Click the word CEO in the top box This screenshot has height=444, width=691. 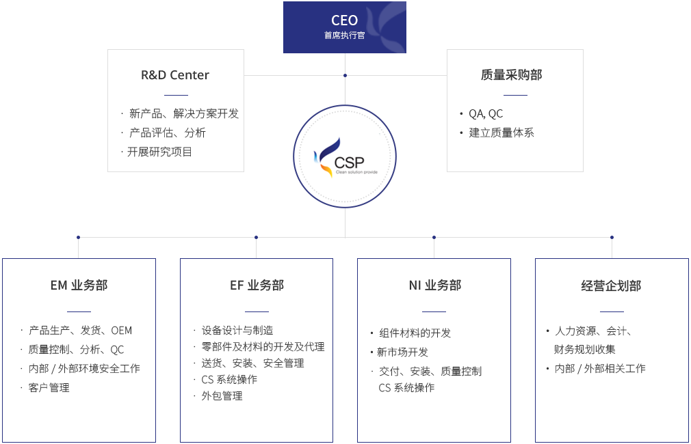tap(344, 20)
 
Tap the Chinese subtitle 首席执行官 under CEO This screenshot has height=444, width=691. tap(344, 35)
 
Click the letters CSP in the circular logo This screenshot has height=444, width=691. tap(350, 162)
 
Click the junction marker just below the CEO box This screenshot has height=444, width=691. tap(345, 75)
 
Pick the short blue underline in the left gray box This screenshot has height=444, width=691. tap(176, 95)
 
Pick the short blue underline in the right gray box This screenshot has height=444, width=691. tap(515, 95)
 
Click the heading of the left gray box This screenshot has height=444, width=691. tap(175, 75)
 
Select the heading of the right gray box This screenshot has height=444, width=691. tap(512, 74)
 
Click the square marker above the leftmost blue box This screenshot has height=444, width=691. tap(78, 237)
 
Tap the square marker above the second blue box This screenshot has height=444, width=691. tap(256, 237)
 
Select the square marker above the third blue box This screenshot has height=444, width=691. tap(434, 237)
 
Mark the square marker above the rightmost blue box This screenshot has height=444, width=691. tap(612, 237)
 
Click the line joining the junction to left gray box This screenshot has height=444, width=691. tap(294, 75)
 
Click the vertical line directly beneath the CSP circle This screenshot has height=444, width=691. tap(345, 222)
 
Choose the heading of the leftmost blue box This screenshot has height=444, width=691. tap(79, 286)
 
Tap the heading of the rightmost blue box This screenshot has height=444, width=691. tap(611, 286)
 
